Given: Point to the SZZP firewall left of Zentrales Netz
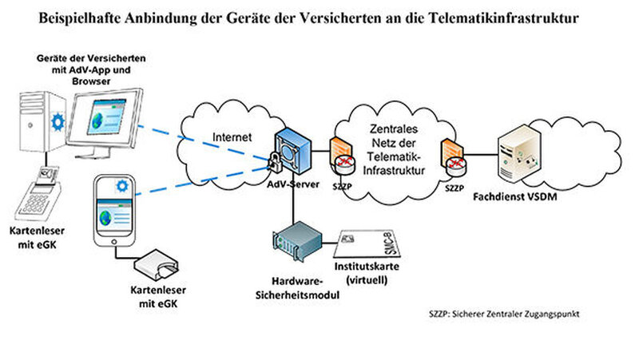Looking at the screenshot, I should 341,157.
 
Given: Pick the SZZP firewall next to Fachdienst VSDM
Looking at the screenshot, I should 454,157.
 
